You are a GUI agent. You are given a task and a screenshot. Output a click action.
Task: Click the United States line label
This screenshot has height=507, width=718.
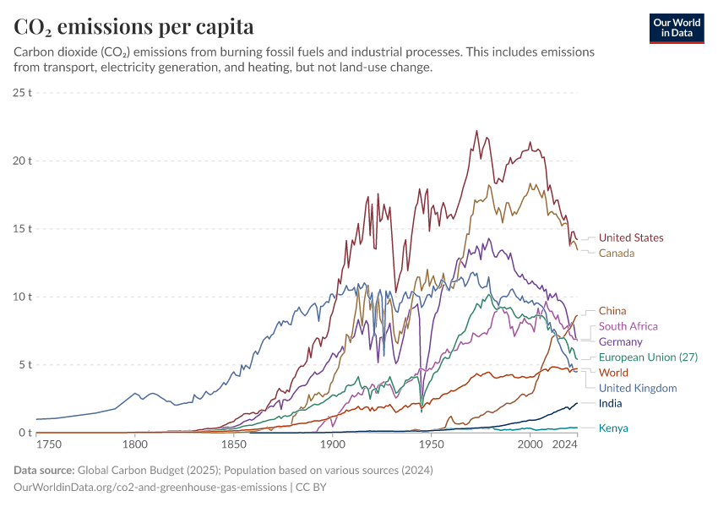(x=631, y=237)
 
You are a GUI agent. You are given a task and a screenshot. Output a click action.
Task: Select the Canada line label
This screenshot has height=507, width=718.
(x=616, y=253)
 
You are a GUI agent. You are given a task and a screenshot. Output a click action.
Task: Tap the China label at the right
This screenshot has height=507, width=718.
(x=612, y=311)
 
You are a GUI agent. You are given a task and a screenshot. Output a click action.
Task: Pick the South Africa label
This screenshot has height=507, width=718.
(x=628, y=326)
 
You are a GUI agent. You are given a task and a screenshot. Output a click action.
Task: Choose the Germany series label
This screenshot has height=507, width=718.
(x=620, y=342)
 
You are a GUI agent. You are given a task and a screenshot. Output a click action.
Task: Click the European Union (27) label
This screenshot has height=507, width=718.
(x=648, y=357)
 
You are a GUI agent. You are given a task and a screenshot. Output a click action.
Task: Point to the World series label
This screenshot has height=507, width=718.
(x=613, y=373)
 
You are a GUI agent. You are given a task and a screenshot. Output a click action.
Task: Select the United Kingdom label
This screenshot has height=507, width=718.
(x=638, y=388)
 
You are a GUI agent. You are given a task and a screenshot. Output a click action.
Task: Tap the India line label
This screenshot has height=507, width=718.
(x=610, y=403)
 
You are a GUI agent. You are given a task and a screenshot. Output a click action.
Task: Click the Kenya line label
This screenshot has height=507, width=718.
(x=613, y=428)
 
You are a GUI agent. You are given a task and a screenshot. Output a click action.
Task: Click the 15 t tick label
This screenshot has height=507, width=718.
(x=23, y=228)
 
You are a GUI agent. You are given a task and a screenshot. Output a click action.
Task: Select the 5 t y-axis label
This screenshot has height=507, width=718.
(x=25, y=365)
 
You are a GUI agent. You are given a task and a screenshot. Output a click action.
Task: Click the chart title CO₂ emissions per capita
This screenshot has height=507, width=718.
(x=134, y=26)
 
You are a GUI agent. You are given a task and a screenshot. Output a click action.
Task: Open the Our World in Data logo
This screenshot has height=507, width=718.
(x=677, y=28)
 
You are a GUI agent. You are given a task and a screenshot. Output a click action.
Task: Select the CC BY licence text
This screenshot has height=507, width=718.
(x=310, y=488)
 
